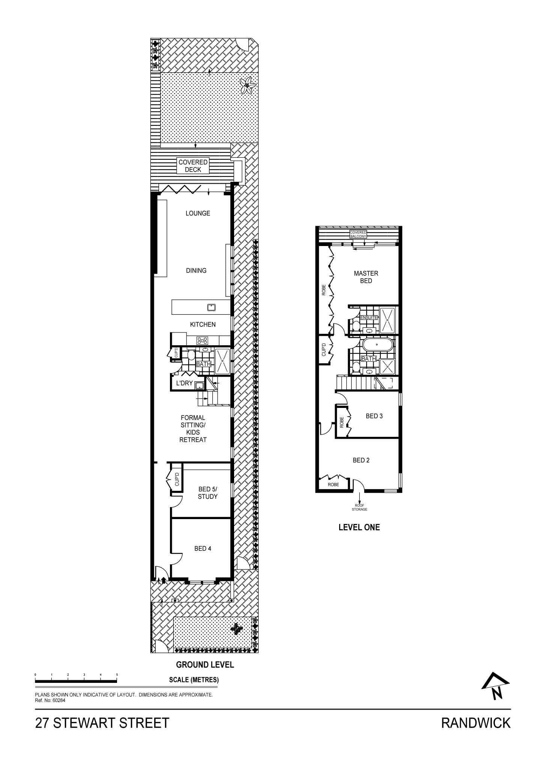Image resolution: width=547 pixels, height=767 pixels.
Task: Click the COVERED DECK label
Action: click(193, 166)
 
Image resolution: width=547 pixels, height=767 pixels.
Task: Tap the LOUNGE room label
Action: click(198, 213)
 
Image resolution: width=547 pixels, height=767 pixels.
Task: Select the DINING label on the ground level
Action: click(196, 270)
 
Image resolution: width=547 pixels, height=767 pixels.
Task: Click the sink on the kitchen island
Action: click(212, 307)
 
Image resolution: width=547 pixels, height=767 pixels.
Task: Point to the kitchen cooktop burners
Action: click(203, 341)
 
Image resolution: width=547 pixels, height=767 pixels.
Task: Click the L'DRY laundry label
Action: click(184, 383)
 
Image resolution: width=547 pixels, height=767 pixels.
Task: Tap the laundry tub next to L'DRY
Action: click(199, 385)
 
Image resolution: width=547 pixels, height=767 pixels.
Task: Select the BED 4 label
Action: click(203, 548)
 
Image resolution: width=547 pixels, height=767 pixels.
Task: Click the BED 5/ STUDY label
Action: click(207, 493)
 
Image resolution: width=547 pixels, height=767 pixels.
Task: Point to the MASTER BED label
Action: click(366, 277)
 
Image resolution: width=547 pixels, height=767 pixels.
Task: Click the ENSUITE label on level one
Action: click(369, 317)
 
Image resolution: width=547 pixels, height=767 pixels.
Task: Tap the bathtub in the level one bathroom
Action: click(378, 345)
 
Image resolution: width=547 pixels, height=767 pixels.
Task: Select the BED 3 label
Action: click(374, 416)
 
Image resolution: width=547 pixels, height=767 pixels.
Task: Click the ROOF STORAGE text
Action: click(359, 507)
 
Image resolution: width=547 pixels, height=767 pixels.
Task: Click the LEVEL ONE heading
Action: click(359, 527)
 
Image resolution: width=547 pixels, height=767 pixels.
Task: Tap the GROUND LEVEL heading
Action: click(205, 664)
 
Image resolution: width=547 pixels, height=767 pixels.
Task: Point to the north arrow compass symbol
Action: click(496, 686)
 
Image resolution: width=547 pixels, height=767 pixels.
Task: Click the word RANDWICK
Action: click(476, 723)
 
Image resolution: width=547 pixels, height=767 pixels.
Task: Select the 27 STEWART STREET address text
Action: click(102, 723)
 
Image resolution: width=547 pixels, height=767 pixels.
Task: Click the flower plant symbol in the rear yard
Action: click(248, 86)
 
